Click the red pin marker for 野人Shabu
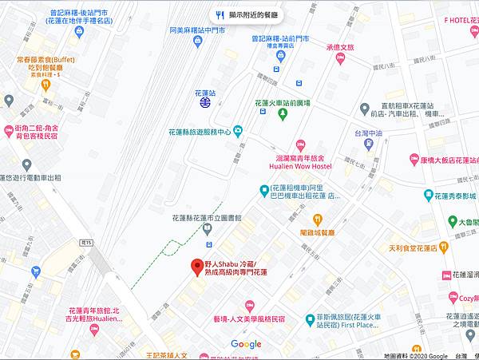[196, 267]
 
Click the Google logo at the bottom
[245, 344]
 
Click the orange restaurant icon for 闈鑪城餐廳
[317, 220]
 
